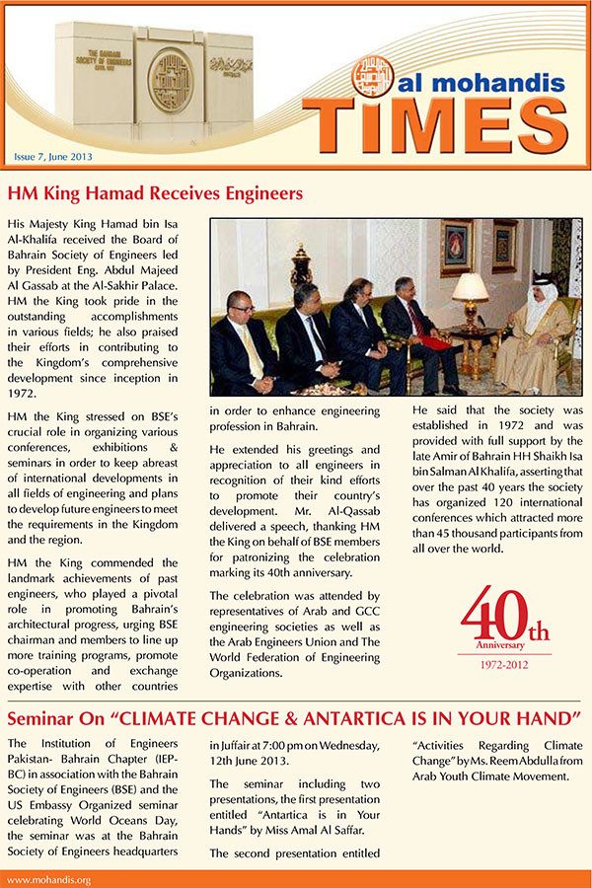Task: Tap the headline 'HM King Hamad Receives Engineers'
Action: (155, 192)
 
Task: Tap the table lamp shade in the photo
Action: (471, 287)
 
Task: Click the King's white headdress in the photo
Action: (541, 295)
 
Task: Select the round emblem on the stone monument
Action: (169, 80)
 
